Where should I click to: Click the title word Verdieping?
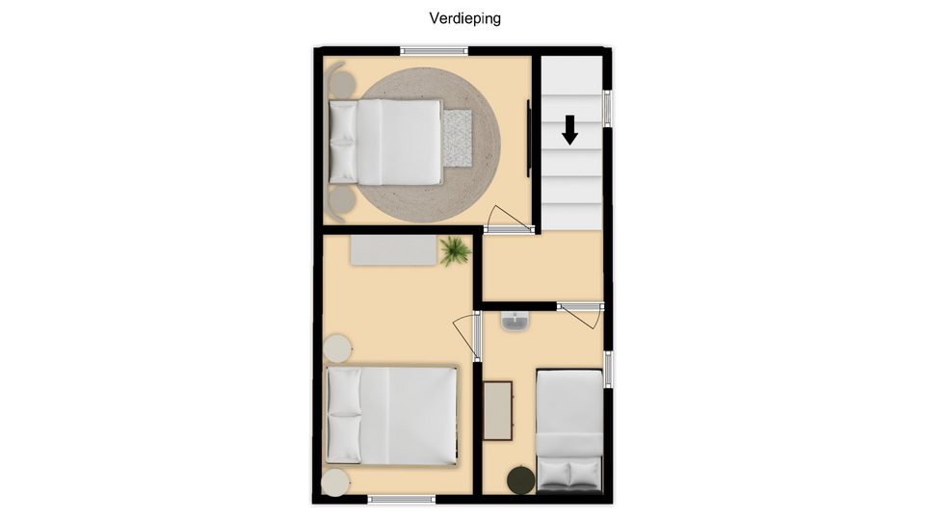[x=464, y=18]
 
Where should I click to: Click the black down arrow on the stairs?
[x=569, y=130]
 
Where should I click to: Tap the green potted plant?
[x=455, y=251]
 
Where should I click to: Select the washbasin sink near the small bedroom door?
[x=515, y=322]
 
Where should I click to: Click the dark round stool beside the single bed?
[x=521, y=480]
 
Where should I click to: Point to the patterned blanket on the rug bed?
[x=458, y=138]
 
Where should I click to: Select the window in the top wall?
[x=435, y=51]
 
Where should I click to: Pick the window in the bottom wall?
[x=402, y=500]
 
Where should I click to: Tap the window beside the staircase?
[x=608, y=109]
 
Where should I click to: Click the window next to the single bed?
[x=608, y=370]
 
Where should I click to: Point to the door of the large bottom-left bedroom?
[x=468, y=335]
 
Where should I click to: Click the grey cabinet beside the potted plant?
[x=395, y=250]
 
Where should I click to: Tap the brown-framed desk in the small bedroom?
[x=498, y=411]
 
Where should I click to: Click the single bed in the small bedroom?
[x=569, y=430]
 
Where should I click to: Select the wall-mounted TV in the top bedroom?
[x=529, y=138]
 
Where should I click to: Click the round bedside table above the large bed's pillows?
[x=337, y=348]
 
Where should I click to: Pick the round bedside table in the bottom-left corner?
[x=335, y=482]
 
